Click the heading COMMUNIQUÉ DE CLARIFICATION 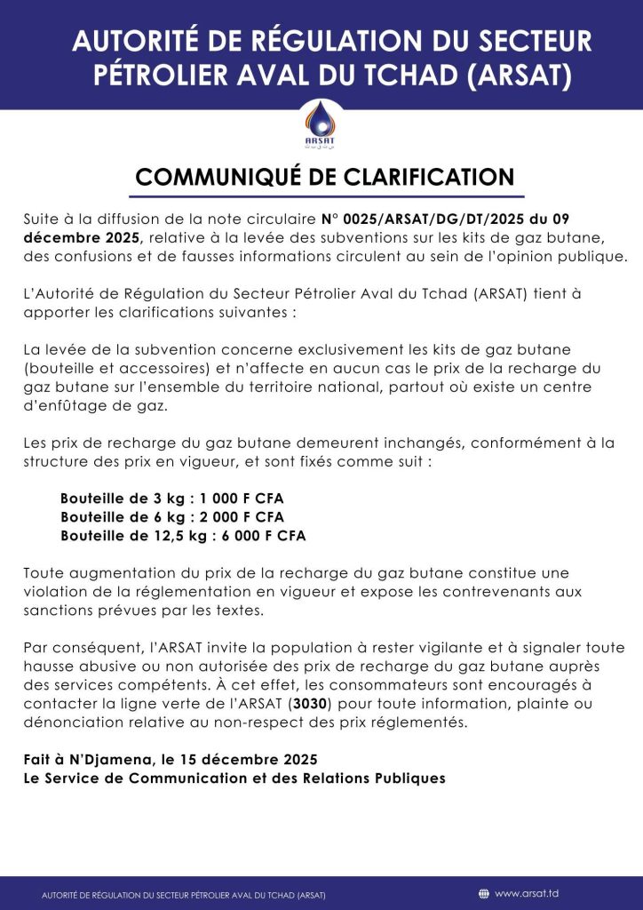[325, 176]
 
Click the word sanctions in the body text [56, 611]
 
